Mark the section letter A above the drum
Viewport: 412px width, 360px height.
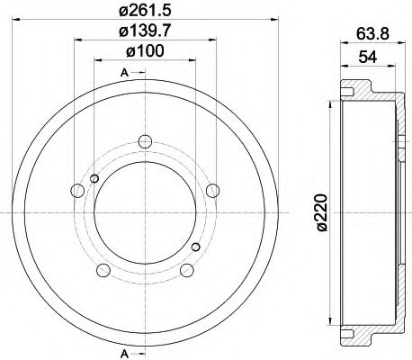pos(122,71)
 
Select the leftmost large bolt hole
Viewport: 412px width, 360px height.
pos(75,190)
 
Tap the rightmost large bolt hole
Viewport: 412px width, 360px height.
pos(212,190)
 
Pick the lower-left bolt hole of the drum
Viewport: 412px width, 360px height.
pos(101,270)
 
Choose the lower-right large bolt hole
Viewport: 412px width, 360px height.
pos(186,270)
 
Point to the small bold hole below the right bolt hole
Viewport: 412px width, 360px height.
pos(195,245)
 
